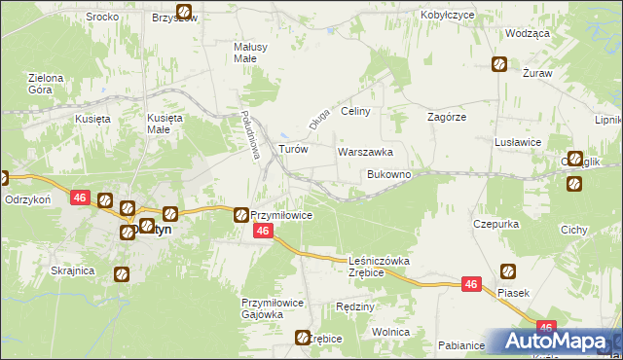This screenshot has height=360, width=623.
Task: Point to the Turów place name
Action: (293, 150)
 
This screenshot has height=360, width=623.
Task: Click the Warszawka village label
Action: (365, 153)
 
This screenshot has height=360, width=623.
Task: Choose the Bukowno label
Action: (388, 174)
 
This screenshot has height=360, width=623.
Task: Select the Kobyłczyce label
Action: (447, 17)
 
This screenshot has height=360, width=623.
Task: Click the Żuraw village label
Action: (536, 73)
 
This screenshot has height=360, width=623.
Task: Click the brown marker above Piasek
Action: (507, 271)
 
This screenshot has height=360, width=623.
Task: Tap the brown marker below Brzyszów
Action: (185, 14)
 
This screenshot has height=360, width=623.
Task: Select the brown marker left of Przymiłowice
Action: (240, 214)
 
